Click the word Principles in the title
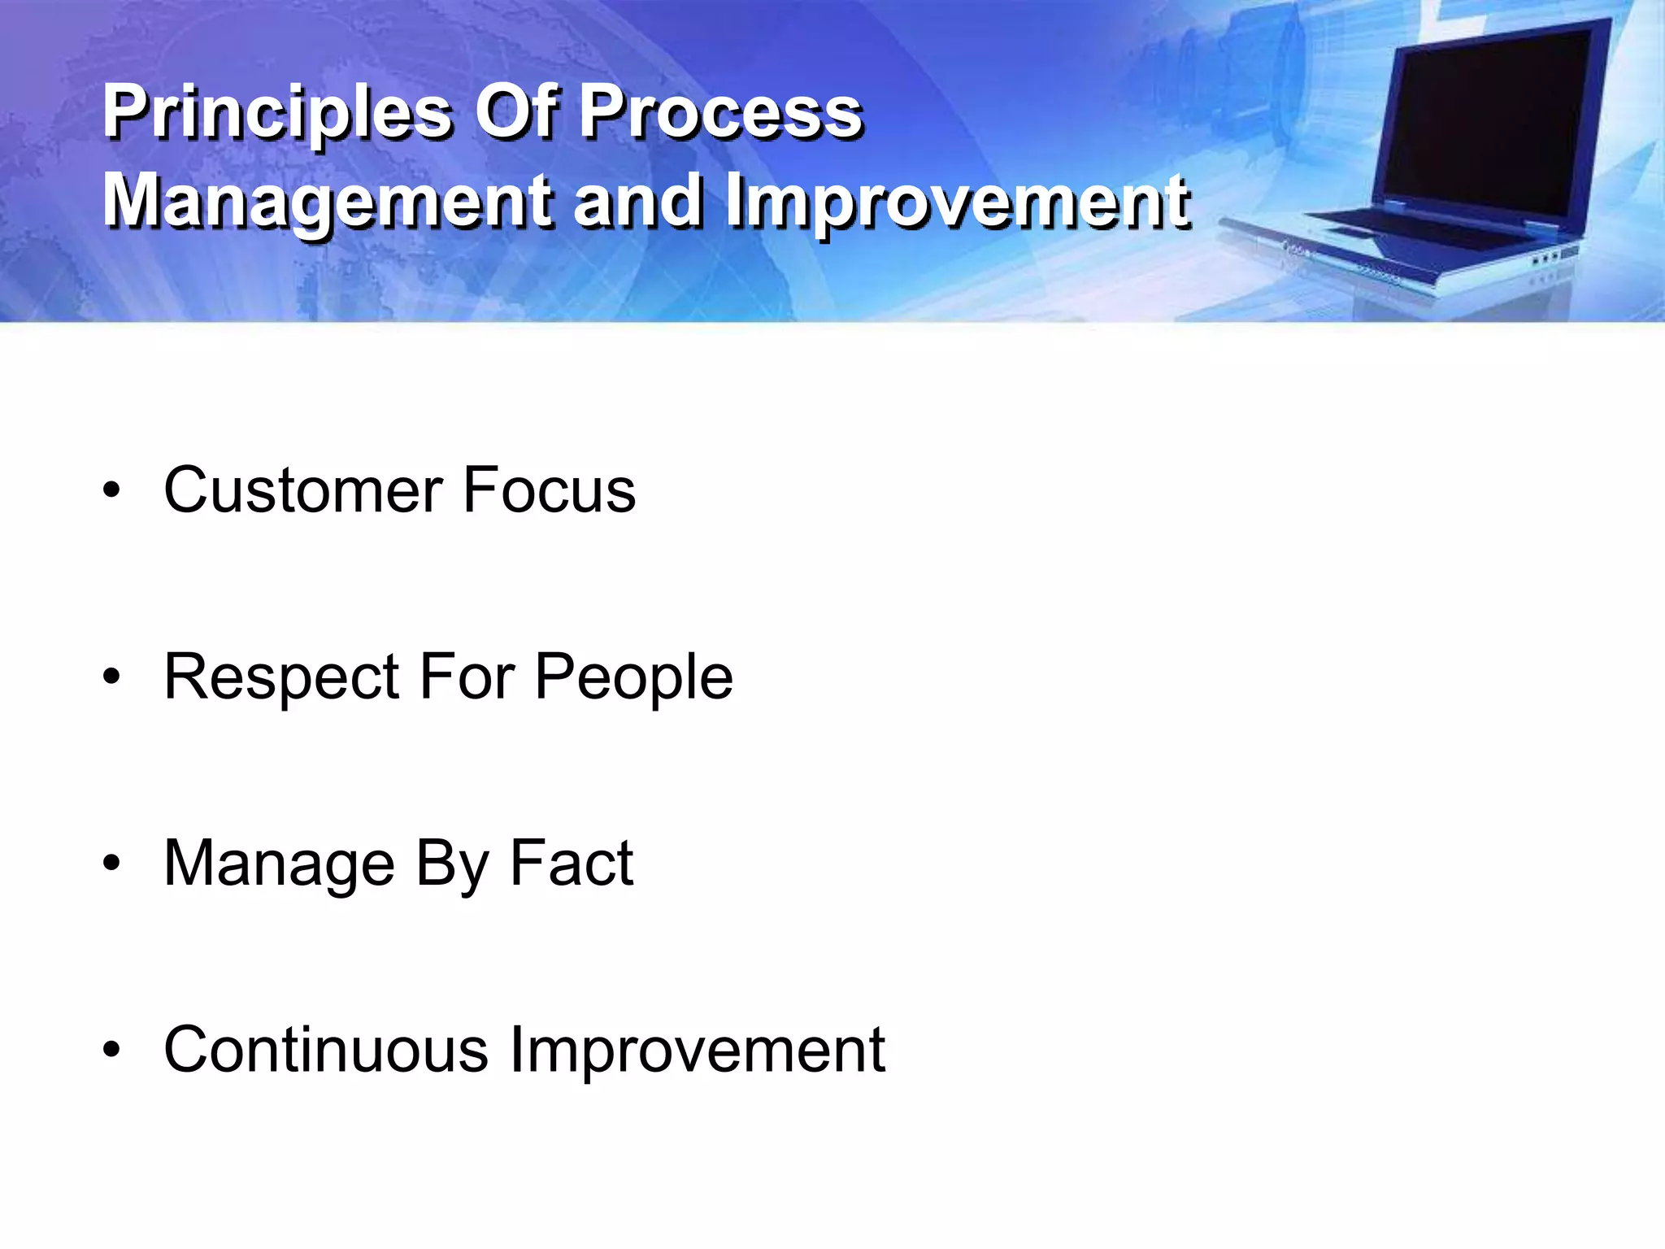pos(276,114)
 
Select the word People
pos(633,677)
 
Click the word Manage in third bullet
pos(279,864)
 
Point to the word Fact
pos(571,864)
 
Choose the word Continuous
pos(325,1050)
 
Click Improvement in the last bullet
pos(697,1050)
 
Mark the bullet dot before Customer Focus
pos(112,491)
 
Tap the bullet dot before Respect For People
pos(112,677)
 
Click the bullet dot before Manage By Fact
pos(112,864)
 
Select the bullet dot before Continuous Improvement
pos(112,1051)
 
